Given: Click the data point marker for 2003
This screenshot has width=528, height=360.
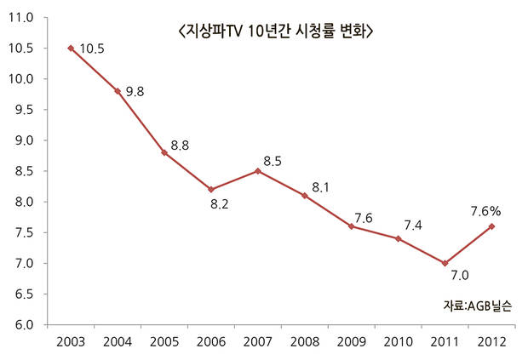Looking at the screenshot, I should click(x=71, y=48).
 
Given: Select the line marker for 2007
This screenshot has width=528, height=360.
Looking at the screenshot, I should click(x=258, y=171).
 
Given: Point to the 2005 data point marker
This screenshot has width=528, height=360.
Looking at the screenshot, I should click(x=164, y=152).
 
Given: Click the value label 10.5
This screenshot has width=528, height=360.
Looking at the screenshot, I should click(x=91, y=49).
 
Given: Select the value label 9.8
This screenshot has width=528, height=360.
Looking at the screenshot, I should click(x=137, y=92).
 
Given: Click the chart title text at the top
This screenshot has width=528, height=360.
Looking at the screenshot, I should click(x=276, y=31).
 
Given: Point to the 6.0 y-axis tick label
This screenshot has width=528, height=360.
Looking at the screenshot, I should click(x=22, y=325).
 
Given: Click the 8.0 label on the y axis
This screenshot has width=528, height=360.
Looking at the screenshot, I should click(x=22, y=203).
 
